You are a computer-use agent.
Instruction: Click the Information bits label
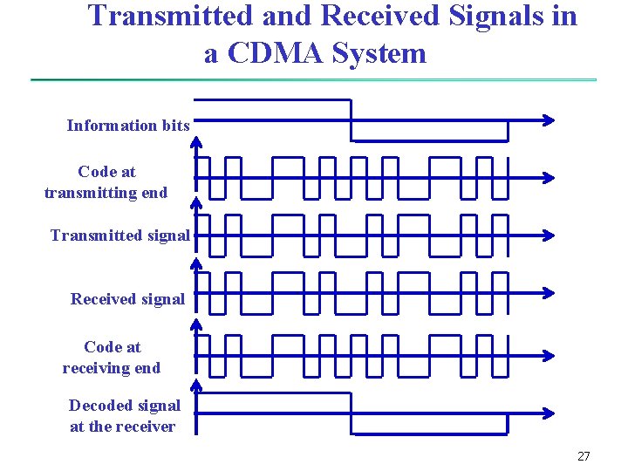click(x=128, y=126)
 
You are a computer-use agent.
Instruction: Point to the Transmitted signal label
click(x=120, y=235)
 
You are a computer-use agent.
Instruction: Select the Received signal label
click(x=127, y=299)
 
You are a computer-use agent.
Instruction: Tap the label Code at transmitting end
click(x=106, y=182)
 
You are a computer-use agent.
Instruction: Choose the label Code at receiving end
click(x=112, y=358)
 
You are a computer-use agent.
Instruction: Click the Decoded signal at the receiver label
click(x=124, y=416)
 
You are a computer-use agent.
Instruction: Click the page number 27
click(x=584, y=456)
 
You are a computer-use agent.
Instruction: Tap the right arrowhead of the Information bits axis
click(x=548, y=120)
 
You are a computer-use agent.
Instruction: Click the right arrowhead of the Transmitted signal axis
click(x=548, y=235)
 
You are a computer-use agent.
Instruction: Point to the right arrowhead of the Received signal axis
click(x=548, y=292)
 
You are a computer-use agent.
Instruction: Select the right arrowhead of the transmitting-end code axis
click(x=548, y=177)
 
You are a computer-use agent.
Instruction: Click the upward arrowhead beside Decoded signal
click(x=196, y=385)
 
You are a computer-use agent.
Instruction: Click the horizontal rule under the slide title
click(x=314, y=80)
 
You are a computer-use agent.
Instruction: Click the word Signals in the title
click(x=508, y=17)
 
